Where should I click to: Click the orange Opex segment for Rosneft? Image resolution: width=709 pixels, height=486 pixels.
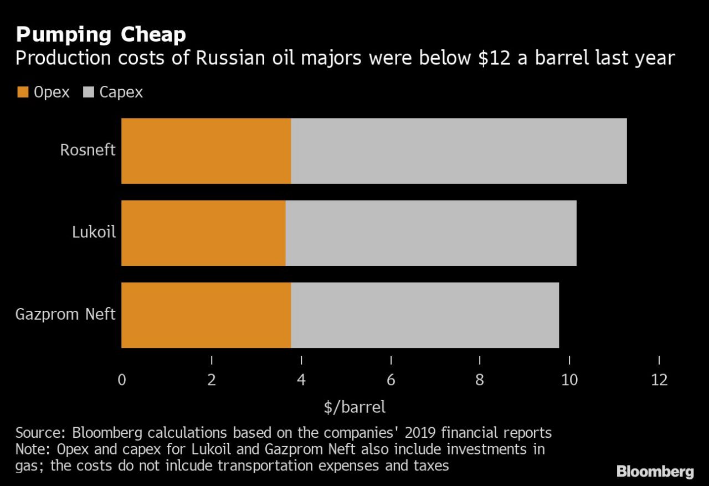coord(206,151)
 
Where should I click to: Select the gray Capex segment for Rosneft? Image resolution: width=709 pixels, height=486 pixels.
coord(459,151)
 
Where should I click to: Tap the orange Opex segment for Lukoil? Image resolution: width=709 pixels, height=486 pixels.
coord(203,233)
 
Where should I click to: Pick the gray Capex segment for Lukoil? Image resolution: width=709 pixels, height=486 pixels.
coord(431,233)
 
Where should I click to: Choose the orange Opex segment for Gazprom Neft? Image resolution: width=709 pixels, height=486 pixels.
coord(206,315)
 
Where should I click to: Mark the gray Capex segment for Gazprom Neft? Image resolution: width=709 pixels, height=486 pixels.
coord(425,315)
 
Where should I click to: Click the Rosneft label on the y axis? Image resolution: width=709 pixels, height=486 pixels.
coord(88,150)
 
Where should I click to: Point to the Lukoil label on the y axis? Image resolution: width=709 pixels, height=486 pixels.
coord(94,232)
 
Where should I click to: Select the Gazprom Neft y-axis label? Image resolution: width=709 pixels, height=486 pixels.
coord(65,315)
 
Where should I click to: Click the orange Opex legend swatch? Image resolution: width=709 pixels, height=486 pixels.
coord(22,92)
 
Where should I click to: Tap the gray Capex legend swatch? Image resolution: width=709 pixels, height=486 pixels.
coord(88,92)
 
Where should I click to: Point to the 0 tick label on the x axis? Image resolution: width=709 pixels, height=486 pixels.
coord(122,381)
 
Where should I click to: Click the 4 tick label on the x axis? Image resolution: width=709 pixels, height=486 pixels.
coord(301,381)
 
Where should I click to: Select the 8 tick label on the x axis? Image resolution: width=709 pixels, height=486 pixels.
coord(480,381)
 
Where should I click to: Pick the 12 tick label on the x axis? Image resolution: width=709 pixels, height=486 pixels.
coord(659,381)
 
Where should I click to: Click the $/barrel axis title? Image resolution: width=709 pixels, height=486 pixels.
coord(354,407)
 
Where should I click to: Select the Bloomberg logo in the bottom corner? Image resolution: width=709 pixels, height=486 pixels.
coord(655,472)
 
